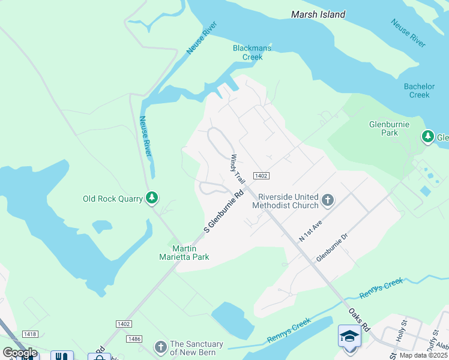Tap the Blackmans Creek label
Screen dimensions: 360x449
pyautogui.click(x=252, y=53)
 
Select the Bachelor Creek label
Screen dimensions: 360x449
pyautogui.click(x=419, y=91)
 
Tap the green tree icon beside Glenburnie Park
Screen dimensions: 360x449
pyautogui.click(x=427, y=137)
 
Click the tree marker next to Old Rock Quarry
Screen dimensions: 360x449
pyautogui.click(x=152, y=198)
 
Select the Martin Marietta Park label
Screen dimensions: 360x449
pyautogui.click(x=190, y=253)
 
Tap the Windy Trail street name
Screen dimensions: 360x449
pyautogui.click(x=238, y=170)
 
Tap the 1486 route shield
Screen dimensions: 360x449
pyautogui.click(x=134, y=339)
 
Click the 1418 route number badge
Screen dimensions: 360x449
pyautogui.click(x=29, y=334)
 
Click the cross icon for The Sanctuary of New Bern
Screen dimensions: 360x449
pyautogui.click(x=160, y=347)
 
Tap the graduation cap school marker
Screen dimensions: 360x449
pyautogui.click(x=349, y=336)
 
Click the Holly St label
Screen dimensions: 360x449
pyautogui.click(x=400, y=331)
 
